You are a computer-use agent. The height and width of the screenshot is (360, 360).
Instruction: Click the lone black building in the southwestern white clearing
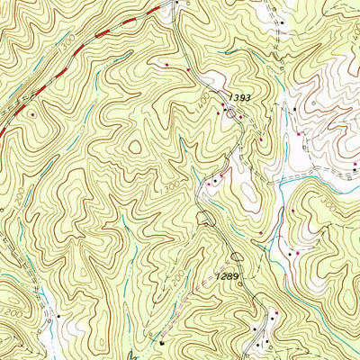coord(59,317)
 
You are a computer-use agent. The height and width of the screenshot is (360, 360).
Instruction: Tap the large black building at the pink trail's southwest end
coord(162,343)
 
